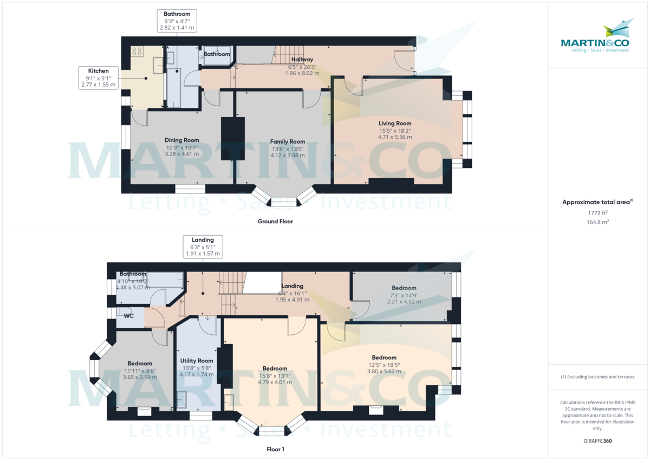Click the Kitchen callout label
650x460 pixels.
[99, 78]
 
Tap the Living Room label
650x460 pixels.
[395, 124]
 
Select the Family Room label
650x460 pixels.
[288, 141]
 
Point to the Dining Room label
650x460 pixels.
[181, 140]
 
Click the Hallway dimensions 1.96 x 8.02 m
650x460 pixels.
[302, 73]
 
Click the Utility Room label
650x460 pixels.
[197, 361]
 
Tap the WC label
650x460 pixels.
[128, 316]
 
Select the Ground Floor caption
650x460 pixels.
[275, 222]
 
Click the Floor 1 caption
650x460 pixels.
[275, 449]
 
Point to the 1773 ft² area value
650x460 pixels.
[597, 213]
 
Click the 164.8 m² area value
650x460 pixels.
[597, 222]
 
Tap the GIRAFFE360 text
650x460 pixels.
[597, 441]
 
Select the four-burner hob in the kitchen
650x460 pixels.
[137, 51]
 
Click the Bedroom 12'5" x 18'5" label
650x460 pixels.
[384, 358]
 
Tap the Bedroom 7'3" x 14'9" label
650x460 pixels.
[404, 288]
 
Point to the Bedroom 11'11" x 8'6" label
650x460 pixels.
[140, 364]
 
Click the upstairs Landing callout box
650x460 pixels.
[203, 247]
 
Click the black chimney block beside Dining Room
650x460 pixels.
[233, 139]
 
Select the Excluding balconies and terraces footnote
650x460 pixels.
[597, 377]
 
